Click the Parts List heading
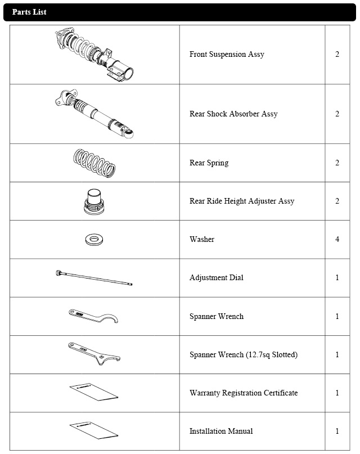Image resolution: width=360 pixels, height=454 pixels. point(29,12)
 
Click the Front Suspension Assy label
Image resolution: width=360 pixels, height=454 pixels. point(227,55)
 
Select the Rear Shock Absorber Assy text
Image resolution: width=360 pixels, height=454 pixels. point(233,114)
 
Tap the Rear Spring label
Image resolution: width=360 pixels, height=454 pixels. point(209,163)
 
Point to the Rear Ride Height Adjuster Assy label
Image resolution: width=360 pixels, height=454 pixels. point(242,201)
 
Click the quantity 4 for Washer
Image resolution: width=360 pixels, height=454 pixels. point(337,239)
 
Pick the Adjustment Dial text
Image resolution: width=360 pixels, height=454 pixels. point(217,277)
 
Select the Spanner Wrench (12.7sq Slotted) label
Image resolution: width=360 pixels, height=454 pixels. point(244,354)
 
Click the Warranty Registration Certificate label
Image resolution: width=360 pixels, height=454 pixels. point(244,393)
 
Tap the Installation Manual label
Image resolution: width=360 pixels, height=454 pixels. point(221,431)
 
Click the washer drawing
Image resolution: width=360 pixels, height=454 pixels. point(94,240)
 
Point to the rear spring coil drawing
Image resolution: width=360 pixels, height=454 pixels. point(94,163)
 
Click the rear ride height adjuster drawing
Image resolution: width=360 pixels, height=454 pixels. point(94,201)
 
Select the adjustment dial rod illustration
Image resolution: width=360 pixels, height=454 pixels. point(94,278)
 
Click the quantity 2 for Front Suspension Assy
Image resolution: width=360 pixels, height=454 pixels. point(337,55)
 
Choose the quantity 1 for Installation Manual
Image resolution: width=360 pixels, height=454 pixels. point(337,431)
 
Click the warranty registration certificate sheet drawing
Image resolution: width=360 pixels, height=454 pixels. point(94,393)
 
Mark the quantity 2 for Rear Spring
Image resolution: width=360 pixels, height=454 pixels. point(337,163)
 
